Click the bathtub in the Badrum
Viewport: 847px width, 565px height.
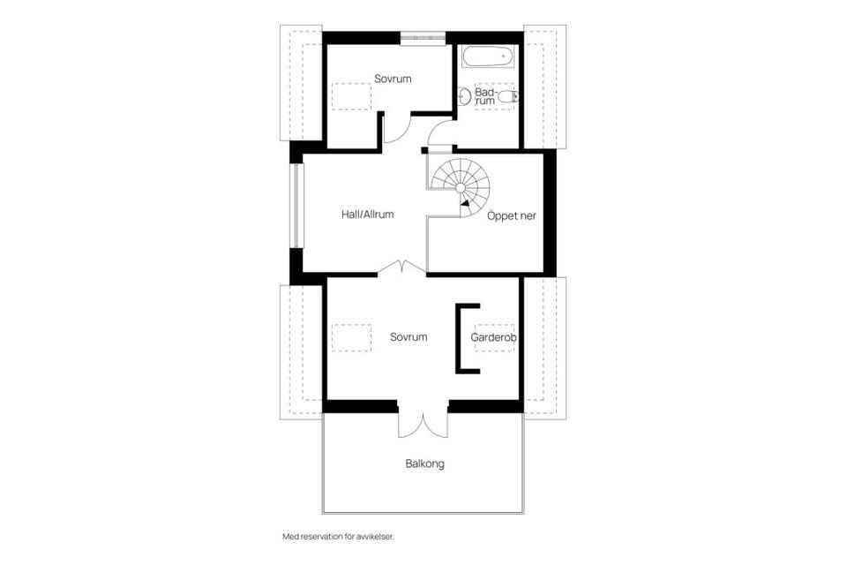coord(487,56)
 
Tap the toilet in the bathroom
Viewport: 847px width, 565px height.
coord(508,97)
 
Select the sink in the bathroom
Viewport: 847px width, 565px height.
coord(463,97)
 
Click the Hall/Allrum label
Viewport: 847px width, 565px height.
coord(367,215)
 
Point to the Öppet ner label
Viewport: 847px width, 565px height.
coord(512,216)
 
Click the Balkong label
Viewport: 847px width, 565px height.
coord(425,463)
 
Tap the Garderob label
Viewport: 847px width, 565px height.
coord(494,337)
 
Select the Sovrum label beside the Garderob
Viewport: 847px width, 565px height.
coord(409,337)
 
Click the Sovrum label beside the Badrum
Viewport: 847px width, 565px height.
coord(393,79)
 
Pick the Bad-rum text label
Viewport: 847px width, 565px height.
coord(484,97)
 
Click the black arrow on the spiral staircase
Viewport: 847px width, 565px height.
coord(464,203)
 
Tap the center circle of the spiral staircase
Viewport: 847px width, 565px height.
coord(461,188)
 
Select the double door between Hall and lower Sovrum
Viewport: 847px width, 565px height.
coord(402,267)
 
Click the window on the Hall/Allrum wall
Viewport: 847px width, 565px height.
coord(296,206)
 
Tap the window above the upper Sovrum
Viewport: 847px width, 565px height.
coord(423,37)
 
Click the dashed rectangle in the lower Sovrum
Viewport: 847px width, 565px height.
coord(351,338)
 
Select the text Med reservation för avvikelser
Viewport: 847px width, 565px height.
coord(338,537)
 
